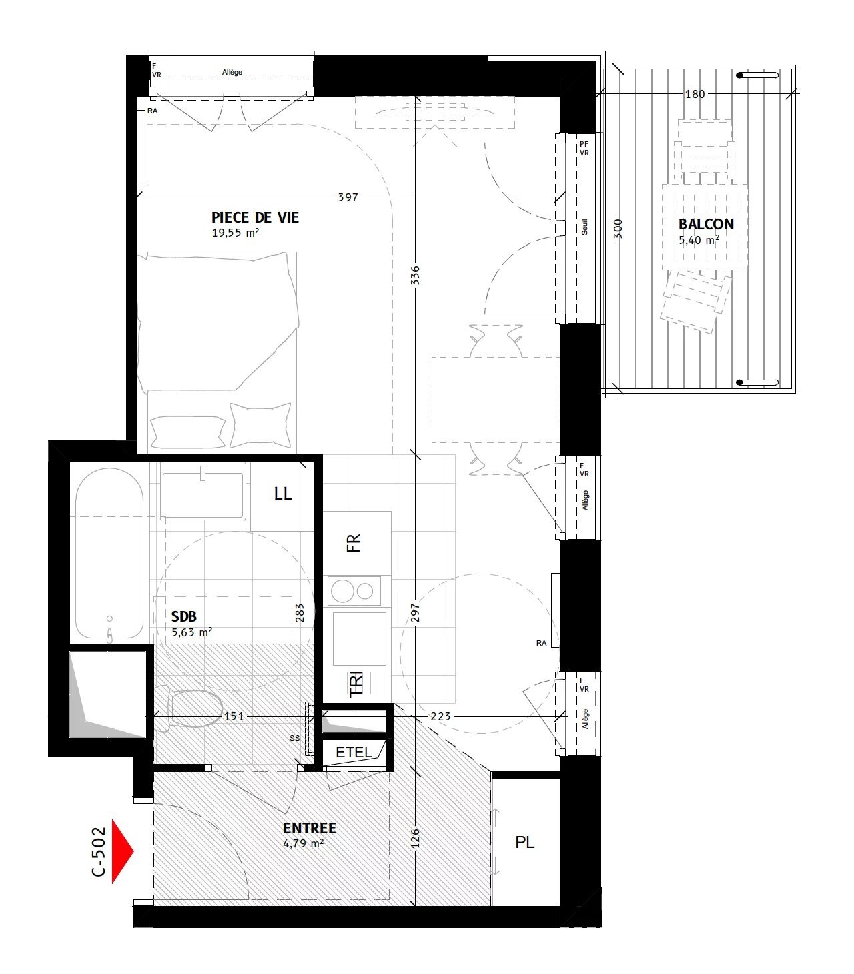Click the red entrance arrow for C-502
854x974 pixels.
[x=122, y=851]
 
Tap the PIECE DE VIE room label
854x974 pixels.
[x=255, y=217]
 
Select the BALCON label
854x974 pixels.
[x=706, y=224]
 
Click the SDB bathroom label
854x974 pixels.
[x=184, y=616]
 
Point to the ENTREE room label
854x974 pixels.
[x=309, y=828]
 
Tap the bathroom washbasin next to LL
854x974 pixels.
[x=203, y=495]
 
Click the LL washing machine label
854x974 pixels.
[x=283, y=494]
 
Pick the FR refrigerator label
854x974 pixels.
[x=354, y=542]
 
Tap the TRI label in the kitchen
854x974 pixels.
[x=356, y=684]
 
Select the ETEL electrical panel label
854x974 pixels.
[x=354, y=752]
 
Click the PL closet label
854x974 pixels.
[x=525, y=843]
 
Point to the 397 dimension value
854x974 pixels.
[x=348, y=197]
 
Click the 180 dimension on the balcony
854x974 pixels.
[x=695, y=94]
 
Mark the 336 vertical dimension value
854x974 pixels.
[x=415, y=276]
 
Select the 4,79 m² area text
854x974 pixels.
[x=303, y=843]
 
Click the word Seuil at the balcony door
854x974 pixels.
[x=585, y=228]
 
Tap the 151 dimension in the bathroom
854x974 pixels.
[x=234, y=716]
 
